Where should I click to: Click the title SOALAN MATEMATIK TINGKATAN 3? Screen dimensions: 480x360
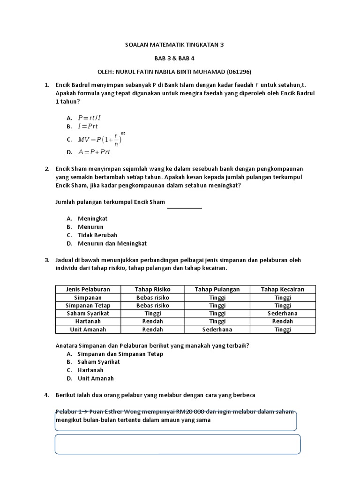[174, 45]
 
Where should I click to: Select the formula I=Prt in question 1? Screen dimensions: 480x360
[88, 126]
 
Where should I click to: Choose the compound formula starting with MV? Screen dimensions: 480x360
[101, 139]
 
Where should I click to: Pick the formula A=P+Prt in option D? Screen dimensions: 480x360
[94, 152]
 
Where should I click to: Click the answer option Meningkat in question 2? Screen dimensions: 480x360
[92, 218]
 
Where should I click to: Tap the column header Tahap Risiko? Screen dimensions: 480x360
[152, 289]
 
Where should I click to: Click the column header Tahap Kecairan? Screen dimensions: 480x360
[282, 289]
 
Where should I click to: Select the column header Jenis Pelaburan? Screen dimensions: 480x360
[88, 289]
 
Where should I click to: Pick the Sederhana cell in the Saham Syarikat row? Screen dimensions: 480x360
[282, 313]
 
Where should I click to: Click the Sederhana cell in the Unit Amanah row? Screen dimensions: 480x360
[217, 329]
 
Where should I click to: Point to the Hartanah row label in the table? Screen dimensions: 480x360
[88, 321]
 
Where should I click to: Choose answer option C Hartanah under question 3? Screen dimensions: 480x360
[90, 370]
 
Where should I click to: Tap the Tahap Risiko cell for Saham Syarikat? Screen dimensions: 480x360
[152, 313]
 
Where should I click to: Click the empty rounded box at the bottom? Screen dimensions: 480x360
[177, 444]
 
